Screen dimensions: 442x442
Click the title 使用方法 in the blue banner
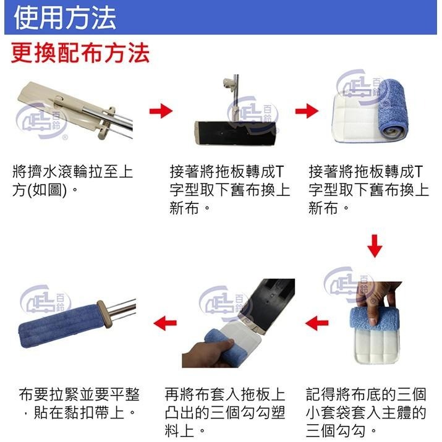pyautogui.click(x=64, y=17)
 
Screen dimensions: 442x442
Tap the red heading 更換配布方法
pyautogui.click(x=80, y=53)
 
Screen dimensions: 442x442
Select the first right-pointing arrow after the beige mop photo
pyautogui.click(x=160, y=111)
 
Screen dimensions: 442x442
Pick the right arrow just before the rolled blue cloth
pyautogui.click(x=305, y=111)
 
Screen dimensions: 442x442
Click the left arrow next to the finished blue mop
pyautogui.click(x=165, y=322)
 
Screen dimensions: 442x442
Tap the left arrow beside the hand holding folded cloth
pyautogui.click(x=317, y=322)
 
